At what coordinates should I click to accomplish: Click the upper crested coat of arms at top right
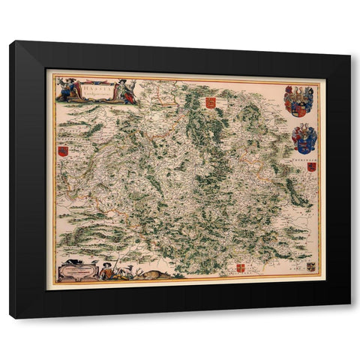pyautogui.click(x=298, y=100)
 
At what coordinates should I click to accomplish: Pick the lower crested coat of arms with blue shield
pyautogui.click(x=304, y=138)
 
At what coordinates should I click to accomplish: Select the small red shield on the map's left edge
pyautogui.click(x=63, y=151)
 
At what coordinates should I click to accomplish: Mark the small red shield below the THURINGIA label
pyautogui.click(x=310, y=167)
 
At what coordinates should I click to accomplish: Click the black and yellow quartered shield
pyautogui.click(x=310, y=266)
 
